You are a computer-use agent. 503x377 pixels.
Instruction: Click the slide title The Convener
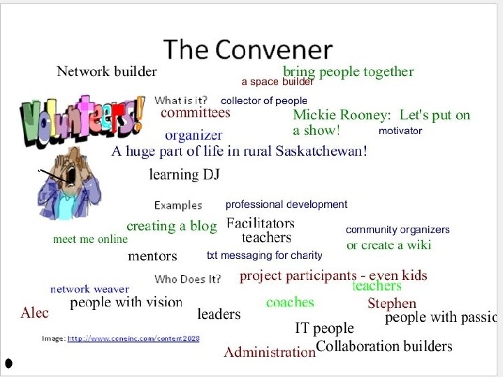click(247, 50)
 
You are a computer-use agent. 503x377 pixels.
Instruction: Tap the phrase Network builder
click(106, 71)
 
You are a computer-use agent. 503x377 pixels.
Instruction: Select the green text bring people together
click(348, 71)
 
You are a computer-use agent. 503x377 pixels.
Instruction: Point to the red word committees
click(196, 112)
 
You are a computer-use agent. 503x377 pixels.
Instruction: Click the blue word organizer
click(194, 135)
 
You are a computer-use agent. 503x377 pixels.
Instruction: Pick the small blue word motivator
click(400, 131)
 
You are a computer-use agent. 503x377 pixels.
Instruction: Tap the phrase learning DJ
click(184, 175)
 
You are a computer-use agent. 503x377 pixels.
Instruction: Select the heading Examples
click(178, 205)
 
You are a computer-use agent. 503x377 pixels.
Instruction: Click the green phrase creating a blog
click(172, 226)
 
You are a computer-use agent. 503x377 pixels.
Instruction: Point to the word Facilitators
click(261, 224)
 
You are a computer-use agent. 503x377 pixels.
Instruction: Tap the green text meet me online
click(91, 239)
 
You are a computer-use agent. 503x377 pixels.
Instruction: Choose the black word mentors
click(152, 256)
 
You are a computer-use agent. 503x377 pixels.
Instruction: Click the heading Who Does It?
click(187, 279)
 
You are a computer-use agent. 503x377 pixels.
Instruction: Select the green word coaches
click(290, 302)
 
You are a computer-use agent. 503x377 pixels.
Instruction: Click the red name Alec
click(35, 313)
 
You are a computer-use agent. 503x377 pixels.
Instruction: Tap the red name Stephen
click(392, 304)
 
